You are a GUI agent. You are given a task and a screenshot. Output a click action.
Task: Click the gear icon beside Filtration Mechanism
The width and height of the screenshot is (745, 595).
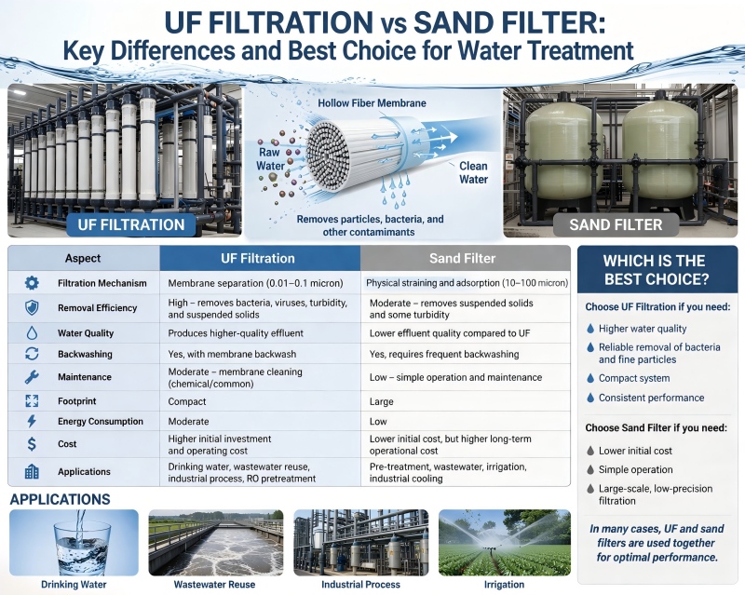32,282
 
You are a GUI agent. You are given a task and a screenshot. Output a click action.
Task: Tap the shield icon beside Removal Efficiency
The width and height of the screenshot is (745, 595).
32,307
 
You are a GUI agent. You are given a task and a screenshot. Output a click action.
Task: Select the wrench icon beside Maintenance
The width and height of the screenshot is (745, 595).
32,377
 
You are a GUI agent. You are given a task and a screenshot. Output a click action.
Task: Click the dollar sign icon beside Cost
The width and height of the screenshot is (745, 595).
32,444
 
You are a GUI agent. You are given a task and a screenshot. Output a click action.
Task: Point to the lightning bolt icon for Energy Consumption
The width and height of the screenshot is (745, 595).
32,421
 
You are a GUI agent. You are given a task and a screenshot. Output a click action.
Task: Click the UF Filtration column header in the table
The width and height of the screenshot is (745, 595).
260,258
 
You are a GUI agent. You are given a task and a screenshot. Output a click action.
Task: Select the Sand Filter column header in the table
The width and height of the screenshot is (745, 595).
464,258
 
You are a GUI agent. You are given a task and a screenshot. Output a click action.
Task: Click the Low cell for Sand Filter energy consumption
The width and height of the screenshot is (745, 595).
379,421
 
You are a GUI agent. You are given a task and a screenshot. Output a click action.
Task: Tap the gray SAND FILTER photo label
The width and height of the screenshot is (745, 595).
616,224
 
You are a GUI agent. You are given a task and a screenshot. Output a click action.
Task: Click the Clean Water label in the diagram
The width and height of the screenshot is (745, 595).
473,172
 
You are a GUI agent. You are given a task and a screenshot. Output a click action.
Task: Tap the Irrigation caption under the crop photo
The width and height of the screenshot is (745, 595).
504,585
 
